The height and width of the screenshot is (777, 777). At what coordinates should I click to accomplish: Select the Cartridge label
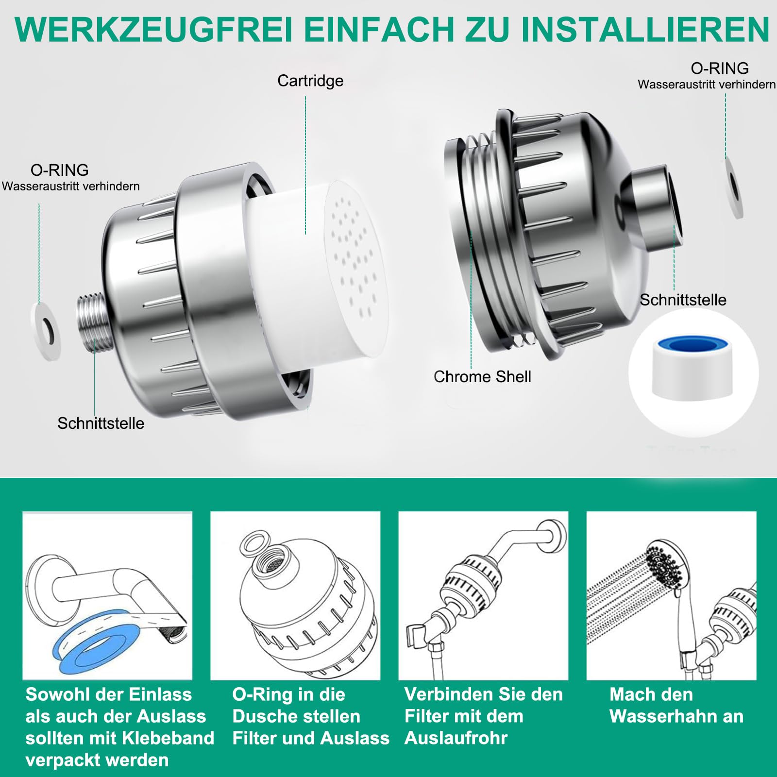[310, 81]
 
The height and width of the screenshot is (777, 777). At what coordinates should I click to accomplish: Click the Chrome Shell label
[482, 377]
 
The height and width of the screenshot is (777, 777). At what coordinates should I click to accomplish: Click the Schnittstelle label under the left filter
[101, 423]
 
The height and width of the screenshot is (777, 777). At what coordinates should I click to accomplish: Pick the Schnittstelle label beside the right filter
[683, 300]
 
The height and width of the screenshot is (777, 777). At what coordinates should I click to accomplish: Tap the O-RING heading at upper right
[720, 68]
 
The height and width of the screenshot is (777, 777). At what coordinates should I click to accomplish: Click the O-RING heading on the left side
[60, 170]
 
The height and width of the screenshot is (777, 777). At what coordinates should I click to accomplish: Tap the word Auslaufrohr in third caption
[456, 738]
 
